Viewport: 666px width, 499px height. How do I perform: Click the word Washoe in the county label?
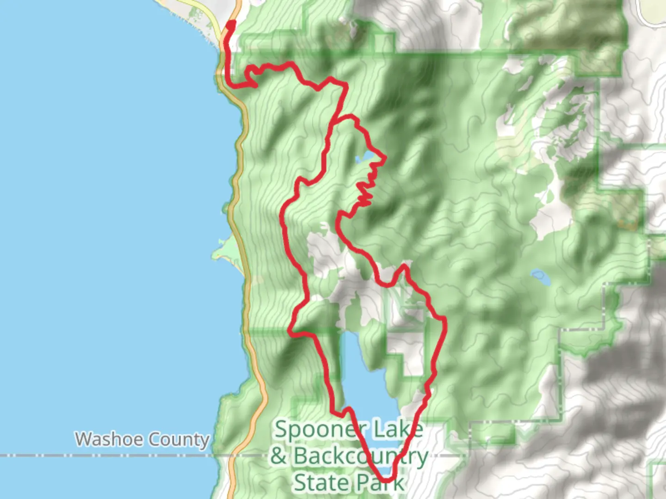coord(108,439)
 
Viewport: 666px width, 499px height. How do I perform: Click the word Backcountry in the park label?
coord(361,456)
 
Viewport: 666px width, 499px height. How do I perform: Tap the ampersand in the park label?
coord(279,456)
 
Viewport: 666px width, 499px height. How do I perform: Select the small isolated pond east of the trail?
coord(540,277)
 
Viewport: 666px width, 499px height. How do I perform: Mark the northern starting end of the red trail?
coord(231,23)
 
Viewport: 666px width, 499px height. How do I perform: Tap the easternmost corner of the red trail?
coord(444,319)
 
